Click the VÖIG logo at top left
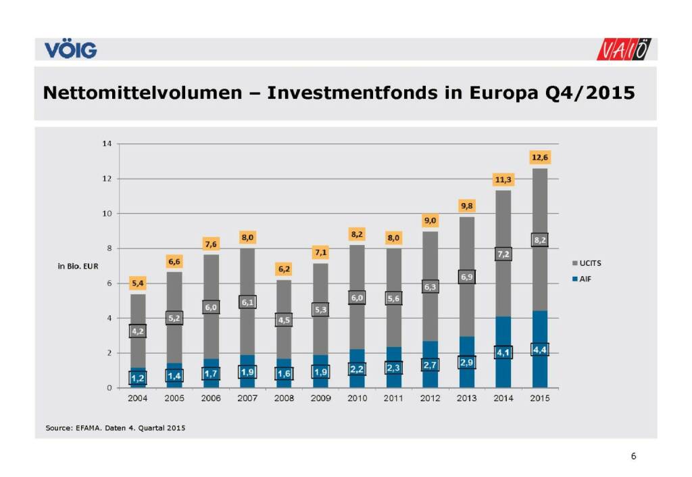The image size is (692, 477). click(x=70, y=49)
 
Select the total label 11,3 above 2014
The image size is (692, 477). click(x=502, y=179)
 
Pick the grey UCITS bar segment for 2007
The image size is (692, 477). click(x=247, y=271)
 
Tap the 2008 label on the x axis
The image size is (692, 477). click(x=284, y=399)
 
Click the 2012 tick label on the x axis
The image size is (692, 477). click(x=430, y=399)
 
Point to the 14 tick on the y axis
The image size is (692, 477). click(x=106, y=143)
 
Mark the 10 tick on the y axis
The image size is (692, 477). click(x=106, y=213)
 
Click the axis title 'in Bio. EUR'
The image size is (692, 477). click(x=78, y=266)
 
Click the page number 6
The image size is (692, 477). click(x=633, y=456)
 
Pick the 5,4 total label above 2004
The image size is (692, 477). click(x=138, y=282)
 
